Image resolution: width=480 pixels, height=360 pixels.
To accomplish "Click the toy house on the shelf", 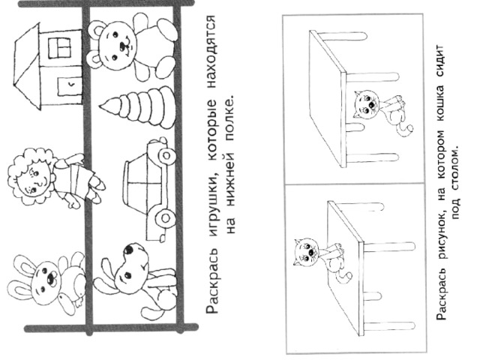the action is (x=49, y=67).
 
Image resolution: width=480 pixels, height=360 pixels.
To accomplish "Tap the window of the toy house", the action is (x=59, y=48).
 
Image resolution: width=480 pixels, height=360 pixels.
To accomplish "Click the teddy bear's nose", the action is (x=123, y=46).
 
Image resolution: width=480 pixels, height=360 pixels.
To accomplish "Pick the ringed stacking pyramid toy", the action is (x=138, y=107).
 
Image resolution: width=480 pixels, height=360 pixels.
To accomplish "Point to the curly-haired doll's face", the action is (x=34, y=181).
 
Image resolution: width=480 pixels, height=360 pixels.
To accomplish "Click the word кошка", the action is (x=441, y=103).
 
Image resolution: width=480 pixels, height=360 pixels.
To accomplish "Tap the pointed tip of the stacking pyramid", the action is (x=100, y=106).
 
